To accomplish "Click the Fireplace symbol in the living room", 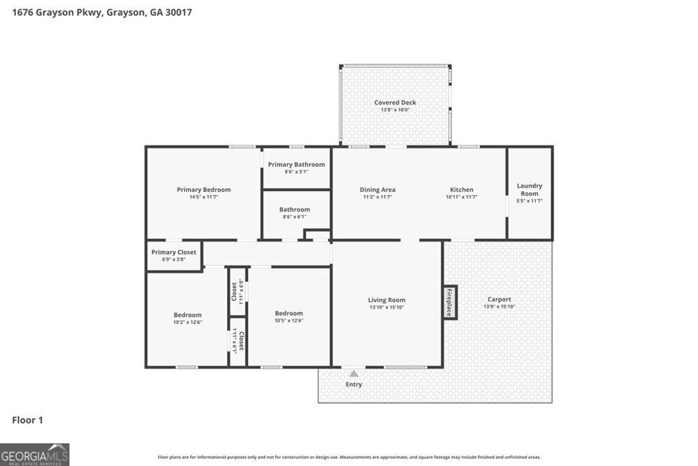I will (x=451, y=302).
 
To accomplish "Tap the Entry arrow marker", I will (x=353, y=373).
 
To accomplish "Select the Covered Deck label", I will (x=395, y=102).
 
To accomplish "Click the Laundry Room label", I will (x=530, y=190).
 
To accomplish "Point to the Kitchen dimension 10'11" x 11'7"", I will (x=461, y=197).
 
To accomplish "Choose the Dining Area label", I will (x=378, y=190).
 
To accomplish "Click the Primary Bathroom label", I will (x=297, y=164).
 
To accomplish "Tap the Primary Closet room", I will (x=174, y=255).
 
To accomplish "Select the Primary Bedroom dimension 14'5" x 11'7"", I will (x=204, y=197).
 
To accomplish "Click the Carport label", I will (x=499, y=300).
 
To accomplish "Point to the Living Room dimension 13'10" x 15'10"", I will (x=386, y=307).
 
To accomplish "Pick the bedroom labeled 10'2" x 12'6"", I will (x=187, y=318).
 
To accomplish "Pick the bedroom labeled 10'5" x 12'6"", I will (x=288, y=317).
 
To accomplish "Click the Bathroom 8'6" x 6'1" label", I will (x=294, y=209).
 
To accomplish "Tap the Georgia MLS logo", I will (x=35, y=454).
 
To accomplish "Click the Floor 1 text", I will (x=27, y=420).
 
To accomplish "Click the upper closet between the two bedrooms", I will (x=237, y=291).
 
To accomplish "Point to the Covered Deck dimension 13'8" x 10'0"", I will (x=395, y=110).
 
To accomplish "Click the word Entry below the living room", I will (x=354, y=384).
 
